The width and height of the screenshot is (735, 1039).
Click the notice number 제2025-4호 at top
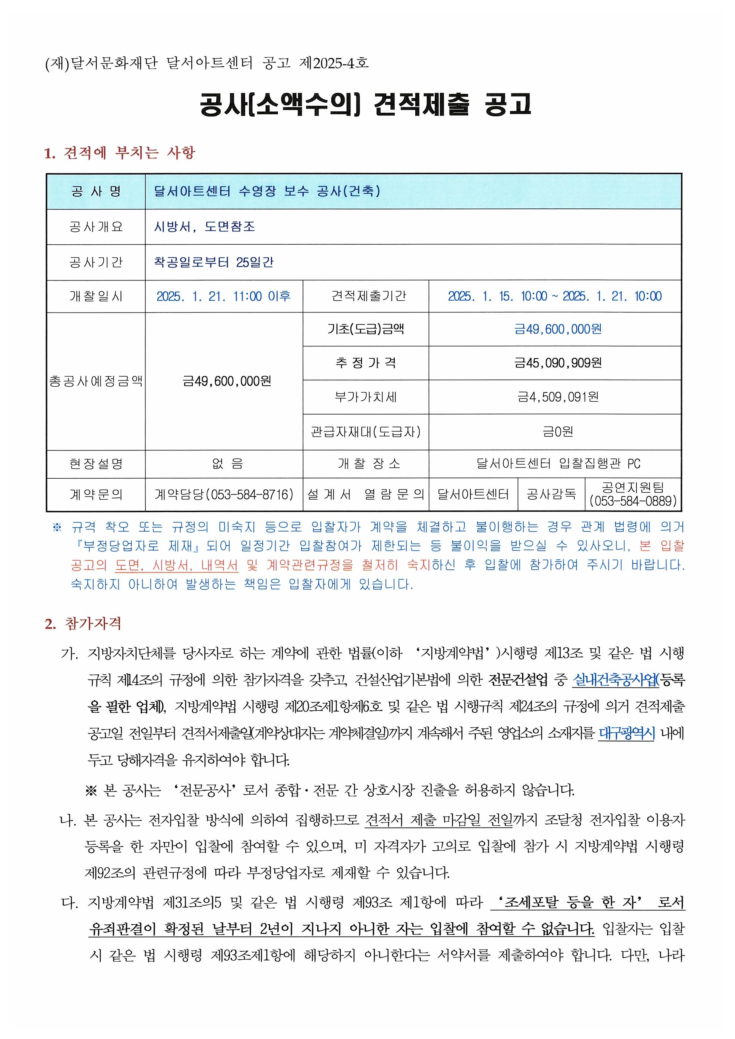tap(334, 63)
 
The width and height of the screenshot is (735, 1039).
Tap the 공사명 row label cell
tap(96, 191)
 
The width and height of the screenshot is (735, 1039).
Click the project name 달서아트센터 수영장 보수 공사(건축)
tap(267, 191)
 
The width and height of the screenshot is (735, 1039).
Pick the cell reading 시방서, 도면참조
tap(205, 227)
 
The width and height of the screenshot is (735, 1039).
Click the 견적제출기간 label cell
tap(366, 296)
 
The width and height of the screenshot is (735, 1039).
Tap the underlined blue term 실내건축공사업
tap(615, 680)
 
